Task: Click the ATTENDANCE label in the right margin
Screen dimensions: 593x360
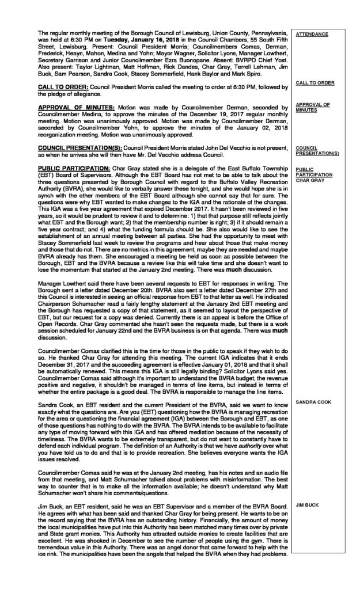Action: coord(312,35)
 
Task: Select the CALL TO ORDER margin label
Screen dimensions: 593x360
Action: coord(314,83)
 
